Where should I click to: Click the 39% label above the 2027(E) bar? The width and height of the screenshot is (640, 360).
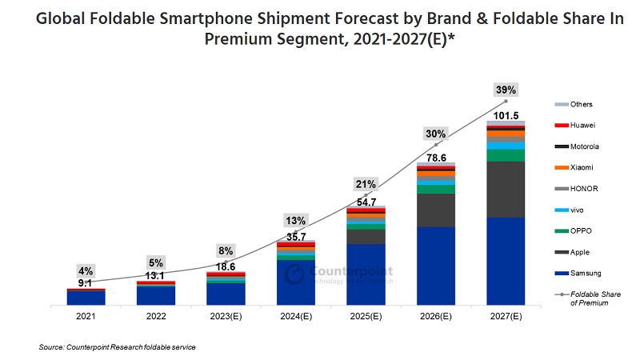(506, 90)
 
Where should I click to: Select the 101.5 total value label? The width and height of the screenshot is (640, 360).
(506, 115)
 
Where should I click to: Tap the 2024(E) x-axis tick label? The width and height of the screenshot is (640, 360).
(295, 317)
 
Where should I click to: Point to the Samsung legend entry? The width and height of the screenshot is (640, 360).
(583, 274)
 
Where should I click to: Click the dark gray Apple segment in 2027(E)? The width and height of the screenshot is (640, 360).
(506, 189)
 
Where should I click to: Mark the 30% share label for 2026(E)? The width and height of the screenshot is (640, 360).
(435, 134)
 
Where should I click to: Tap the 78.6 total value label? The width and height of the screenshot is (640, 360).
(435, 158)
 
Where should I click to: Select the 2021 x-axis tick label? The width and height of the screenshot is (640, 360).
(86, 317)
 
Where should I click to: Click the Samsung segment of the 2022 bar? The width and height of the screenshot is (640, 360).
(156, 295)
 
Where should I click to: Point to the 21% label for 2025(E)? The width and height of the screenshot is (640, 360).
(366, 185)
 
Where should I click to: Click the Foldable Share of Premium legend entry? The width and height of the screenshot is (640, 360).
(590, 298)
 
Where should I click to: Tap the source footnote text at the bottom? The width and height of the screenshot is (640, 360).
(117, 347)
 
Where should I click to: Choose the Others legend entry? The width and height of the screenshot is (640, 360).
(581, 105)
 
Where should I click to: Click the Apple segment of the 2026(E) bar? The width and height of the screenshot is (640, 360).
(435, 210)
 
